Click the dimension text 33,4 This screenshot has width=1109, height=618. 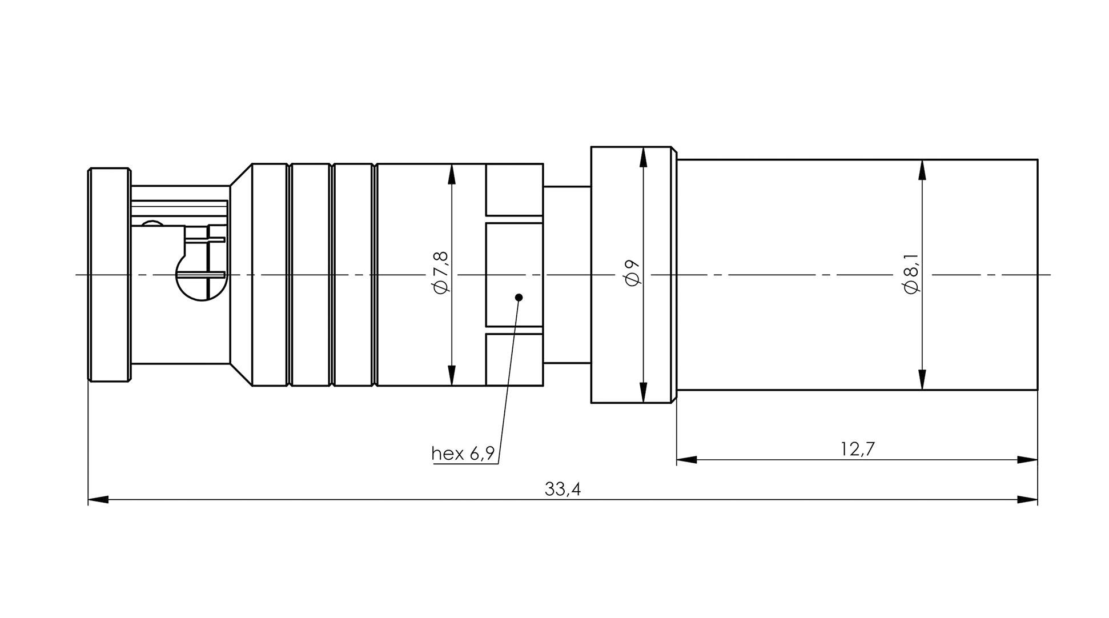pyautogui.click(x=562, y=489)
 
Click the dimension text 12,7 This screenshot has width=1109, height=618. pyautogui.click(x=857, y=450)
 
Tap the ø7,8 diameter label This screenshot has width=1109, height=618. pyautogui.click(x=442, y=272)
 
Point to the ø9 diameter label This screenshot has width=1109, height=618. pyautogui.click(x=633, y=272)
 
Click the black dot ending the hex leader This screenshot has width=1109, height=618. pyautogui.click(x=519, y=297)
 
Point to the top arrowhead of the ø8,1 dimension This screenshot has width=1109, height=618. pyautogui.click(x=922, y=170)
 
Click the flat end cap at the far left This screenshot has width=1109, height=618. pyautogui.click(x=109, y=275)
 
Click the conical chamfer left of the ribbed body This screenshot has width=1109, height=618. pyautogui.click(x=240, y=275)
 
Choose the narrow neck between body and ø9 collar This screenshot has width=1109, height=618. pyautogui.click(x=566, y=275)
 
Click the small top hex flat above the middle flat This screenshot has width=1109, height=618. pyautogui.click(x=514, y=190)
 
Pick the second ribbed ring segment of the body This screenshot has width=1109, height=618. pyautogui.click(x=311, y=275)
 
